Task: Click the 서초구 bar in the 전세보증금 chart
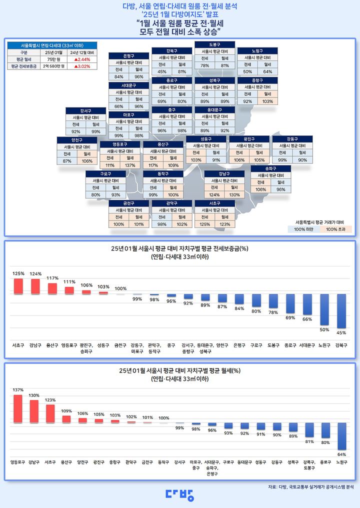click(18, 286)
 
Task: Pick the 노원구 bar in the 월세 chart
click(342, 436)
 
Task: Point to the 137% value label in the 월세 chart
click(18, 390)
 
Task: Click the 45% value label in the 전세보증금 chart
click(341, 332)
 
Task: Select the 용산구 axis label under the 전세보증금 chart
click(52, 345)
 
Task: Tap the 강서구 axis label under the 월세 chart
click(179, 462)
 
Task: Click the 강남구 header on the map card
click(224, 173)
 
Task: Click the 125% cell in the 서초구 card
click(204, 224)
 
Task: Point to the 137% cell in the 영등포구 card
click(130, 165)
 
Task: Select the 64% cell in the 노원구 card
click(267, 71)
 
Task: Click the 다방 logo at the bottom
click(180, 494)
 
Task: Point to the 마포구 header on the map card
click(128, 115)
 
